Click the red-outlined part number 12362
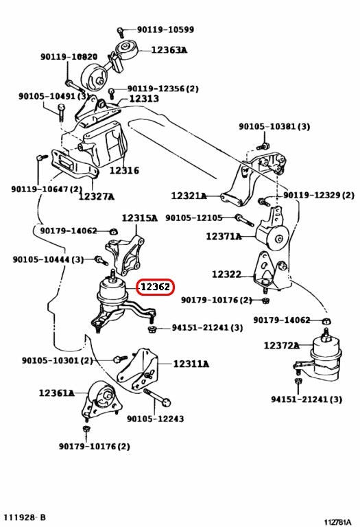156,287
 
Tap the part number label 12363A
169,50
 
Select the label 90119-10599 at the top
165,30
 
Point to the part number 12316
124,170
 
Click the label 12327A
97,196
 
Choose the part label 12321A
189,196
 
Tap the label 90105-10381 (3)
274,126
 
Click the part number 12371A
224,236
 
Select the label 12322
227,274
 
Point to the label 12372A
281,345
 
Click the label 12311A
191,364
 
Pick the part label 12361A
57,393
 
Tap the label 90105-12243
155,419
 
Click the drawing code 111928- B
25,517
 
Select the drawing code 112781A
337,522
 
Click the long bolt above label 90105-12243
157,397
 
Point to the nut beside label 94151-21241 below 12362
152,329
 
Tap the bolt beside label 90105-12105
245,220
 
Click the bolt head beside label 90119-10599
121,32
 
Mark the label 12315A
139,218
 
